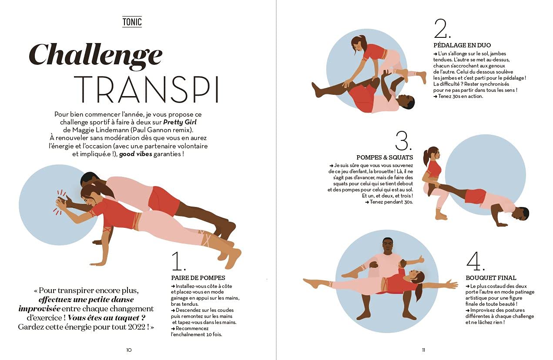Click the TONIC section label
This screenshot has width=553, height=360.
[x=132, y=22]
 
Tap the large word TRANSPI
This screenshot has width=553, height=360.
[x=146, y=89]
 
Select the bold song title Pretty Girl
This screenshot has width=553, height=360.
[x=180, y=122]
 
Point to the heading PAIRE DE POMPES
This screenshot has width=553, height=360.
[x=198, y=278]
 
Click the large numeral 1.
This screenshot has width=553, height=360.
[x=178, y=261]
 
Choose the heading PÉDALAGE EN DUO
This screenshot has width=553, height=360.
[x=462, y=45]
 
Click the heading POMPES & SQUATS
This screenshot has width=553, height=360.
[x=385, y=157]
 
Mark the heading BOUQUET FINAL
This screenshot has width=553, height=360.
[x=491, y=278]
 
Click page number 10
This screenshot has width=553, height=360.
[x=129, y=350]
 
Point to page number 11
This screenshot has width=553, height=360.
[x=424, y=350]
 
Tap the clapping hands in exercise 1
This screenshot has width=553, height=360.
[x=63, y=202]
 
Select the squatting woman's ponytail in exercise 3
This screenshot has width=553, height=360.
[x=427, y=156]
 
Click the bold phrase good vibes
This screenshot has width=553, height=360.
[x=136, y=154]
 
